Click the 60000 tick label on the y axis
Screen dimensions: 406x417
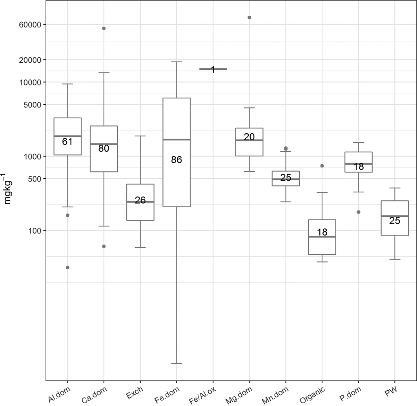(x=30, y=24)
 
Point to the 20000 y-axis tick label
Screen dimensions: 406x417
(x=30, y=60)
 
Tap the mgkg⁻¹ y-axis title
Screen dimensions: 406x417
(x=8, y=190)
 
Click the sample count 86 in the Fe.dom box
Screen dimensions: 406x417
(x=177, y=159)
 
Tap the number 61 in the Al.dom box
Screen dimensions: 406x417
(x=67, y=141)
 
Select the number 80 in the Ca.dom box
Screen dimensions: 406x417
(x=104, y=149)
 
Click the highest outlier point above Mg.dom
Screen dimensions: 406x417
(x=249, y=17)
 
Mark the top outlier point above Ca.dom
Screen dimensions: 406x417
(x=104, y=28)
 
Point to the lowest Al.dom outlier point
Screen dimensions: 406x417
(x=67, y=267)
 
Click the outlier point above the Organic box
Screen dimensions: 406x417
(x=322, y=166)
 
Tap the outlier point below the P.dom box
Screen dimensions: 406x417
(x=358, y=212)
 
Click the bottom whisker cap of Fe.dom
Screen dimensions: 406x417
(x=177, y=363)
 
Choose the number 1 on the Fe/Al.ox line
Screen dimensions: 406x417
(x=213, y=70)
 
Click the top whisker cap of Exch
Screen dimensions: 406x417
(x=140, y=136)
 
